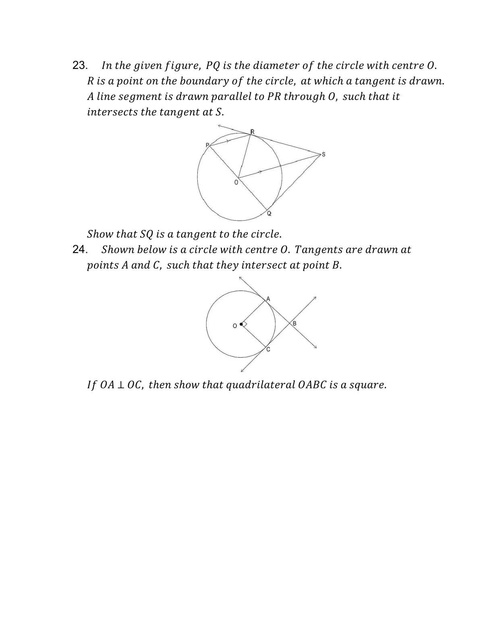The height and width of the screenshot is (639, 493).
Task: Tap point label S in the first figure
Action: [323, 155]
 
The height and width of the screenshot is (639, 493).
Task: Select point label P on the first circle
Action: [207, 145]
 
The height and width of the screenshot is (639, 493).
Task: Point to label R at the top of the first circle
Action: [253, 132]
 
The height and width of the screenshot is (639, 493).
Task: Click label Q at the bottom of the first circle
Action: [269, 213]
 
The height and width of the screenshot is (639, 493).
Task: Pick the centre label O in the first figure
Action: [236, 182]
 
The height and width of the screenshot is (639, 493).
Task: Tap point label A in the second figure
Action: [268, 299]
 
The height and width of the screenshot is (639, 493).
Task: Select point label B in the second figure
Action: [294, 324]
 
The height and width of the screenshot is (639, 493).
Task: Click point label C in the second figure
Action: [268, 349]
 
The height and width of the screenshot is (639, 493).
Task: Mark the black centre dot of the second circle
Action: [241, 324]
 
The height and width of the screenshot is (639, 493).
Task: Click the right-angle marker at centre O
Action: [244, 324]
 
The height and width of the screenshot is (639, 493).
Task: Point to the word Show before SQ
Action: [100, 234]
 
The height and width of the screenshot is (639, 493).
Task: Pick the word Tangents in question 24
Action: [313, 250]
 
